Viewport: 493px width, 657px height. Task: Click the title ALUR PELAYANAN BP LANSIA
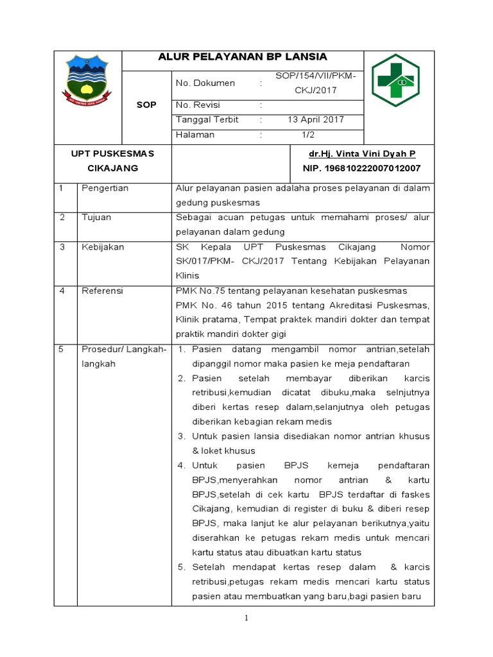243,57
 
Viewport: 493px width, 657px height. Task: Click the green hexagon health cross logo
395,80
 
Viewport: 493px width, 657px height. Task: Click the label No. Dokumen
205,83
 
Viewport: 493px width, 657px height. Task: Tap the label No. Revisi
200,104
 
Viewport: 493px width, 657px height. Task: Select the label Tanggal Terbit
207,119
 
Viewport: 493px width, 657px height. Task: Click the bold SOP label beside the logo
147,105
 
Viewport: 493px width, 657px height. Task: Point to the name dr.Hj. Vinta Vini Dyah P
362,154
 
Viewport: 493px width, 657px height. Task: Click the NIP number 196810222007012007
361,168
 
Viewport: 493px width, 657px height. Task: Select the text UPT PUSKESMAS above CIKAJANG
112,154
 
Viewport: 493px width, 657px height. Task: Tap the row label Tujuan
96,217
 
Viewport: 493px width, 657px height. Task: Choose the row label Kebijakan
103,246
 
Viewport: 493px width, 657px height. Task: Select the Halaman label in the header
195,135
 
